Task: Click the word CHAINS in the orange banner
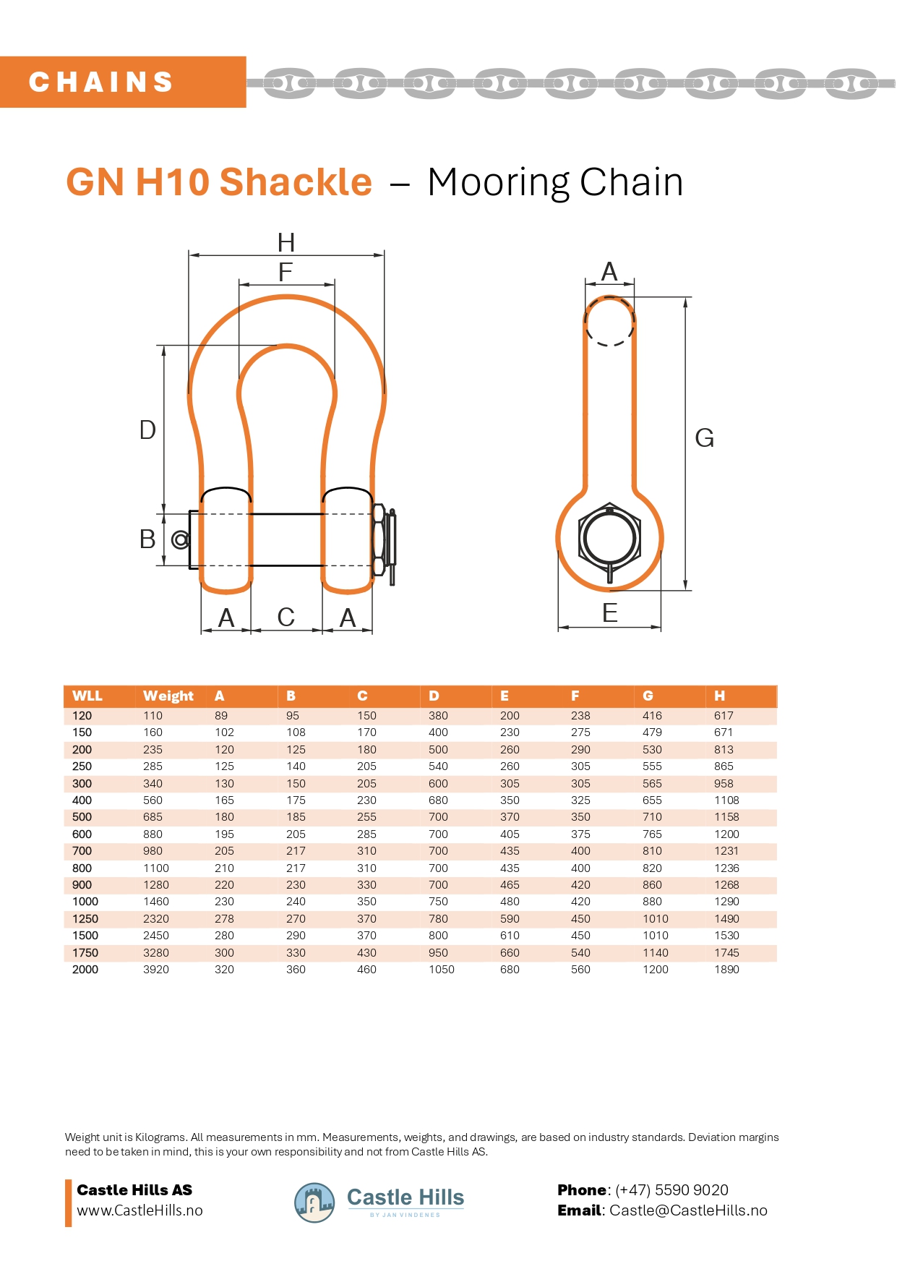pyautogui.click(x=101, y=82)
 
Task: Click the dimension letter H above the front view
pyautogui.click(x=286, y=242)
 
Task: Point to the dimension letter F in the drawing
pyautogui.click(x=286, y=273)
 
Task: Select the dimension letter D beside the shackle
pyautogui.click(x=147, y=430)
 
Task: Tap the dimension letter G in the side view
pyautogui.click(x=704, y=438)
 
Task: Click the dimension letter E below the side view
pyautogui.click(x=610, y=613)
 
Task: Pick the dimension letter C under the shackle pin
pyautogui.click(x=286, y=618)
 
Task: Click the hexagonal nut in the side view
pyautogui.click(x=610, y=539)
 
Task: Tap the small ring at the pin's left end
pyautogui.click(x=180, y=539)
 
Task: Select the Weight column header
pyautogui.click(x=168, y=696)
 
